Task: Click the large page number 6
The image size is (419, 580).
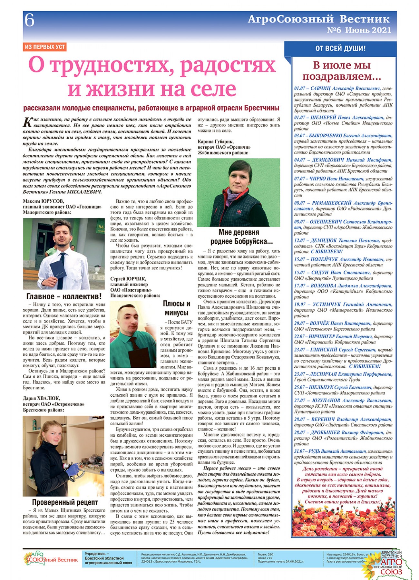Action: [x=29, y=20]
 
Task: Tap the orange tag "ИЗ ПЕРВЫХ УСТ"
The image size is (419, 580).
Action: [x=44, y=47]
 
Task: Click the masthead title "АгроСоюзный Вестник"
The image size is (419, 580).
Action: [x=318, y=19]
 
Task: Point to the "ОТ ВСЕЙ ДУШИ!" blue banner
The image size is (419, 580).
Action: [x=340, y=49]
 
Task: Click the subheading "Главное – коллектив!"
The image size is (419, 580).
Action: [x=64, y=296]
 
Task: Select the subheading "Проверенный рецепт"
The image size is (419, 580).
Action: [x=65, y=502]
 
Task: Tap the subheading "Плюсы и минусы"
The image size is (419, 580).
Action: [x=176, y=308]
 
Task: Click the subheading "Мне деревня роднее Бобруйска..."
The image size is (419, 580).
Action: [x=239, y=237]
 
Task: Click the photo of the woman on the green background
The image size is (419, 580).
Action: [x=239, y=192]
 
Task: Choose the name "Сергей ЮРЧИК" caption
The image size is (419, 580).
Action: [x=128, y=279]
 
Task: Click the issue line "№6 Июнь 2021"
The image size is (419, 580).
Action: [x=359, y=30]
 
